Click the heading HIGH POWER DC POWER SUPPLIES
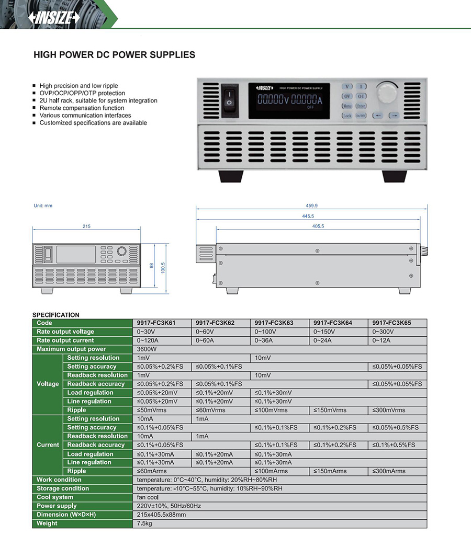(114, 54)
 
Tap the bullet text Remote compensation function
(82, 108)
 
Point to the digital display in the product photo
(289, 100)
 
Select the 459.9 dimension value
(312, 206)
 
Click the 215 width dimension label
(86, 226)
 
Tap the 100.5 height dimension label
(163, 267)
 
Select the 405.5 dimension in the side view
(318, 226)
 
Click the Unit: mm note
(43, 206)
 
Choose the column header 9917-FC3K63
(274, 323)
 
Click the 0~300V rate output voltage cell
(383, 332)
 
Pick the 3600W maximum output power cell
(147, 349)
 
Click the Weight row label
(47, 523)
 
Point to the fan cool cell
(148, 497)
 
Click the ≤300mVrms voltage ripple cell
(389, 411)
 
